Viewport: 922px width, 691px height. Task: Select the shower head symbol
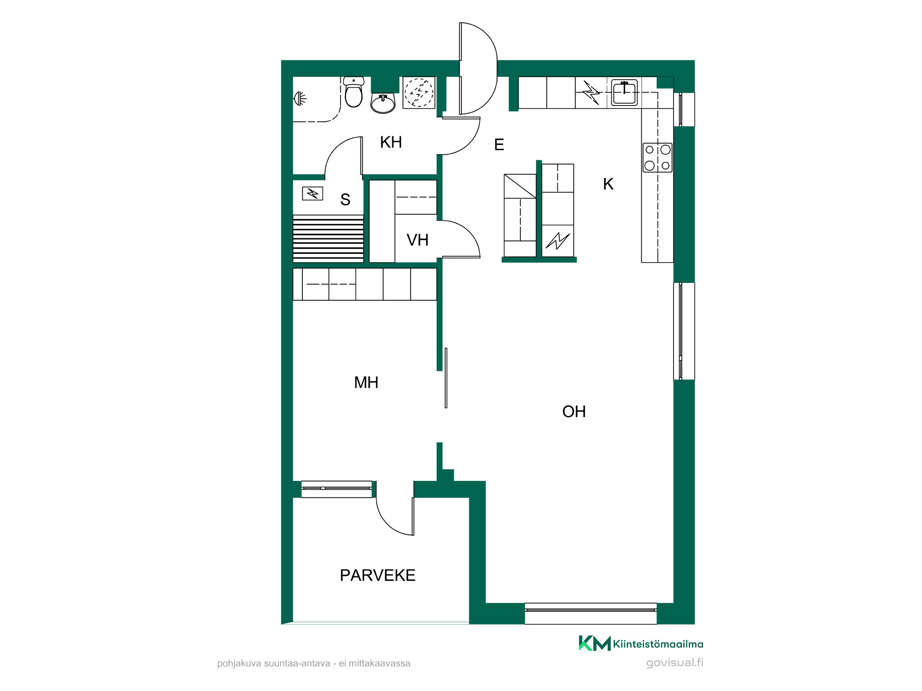(x=300, y=98)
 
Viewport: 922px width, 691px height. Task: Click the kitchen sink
(x=624, y=92)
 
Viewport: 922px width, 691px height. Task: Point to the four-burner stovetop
(x=657, y=158)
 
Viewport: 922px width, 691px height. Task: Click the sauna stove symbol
(x=313, y=193)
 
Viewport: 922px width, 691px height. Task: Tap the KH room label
(x=391, y=142)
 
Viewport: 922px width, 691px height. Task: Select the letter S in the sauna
(x=345, y=199)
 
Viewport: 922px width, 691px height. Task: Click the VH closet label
(x=418, y=240)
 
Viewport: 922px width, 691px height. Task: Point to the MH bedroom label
(x=366, y=382)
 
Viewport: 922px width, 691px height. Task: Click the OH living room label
(x=574, y=411)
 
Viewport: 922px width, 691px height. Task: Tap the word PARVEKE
(x=378, y=575)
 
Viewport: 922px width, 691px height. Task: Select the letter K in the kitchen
(x=608, y=184)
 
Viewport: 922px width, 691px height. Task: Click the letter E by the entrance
(x=499, y=145)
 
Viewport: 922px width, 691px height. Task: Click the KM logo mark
(x=595, y=643)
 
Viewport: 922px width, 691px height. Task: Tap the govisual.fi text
(x=675, y=662)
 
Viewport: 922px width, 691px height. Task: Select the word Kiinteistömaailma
(x=658, y=644)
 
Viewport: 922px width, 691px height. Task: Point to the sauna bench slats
(x=328, y=239)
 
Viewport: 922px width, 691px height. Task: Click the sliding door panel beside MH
(x=446, y=378)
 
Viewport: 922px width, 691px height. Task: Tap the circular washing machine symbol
(x=419, y=93)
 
